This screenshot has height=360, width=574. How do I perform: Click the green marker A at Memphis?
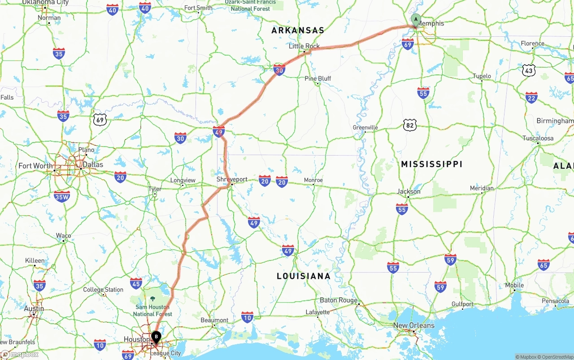416,20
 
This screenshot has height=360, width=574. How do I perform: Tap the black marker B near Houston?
156,336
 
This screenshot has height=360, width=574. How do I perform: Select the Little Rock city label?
304,46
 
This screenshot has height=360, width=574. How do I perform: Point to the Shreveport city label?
232,179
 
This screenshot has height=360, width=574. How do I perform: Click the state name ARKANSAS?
298,30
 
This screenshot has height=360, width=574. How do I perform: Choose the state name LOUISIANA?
304,276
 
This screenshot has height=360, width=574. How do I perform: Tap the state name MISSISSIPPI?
431,165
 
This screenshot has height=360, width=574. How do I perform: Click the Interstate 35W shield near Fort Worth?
61,196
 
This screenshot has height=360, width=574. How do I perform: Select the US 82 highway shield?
409,125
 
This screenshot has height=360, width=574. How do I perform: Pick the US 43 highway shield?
529,70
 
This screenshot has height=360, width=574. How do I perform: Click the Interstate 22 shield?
531,97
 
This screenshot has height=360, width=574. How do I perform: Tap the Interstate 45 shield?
136,283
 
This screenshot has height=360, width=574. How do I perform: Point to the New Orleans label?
413,325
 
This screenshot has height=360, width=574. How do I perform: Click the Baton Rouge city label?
339,300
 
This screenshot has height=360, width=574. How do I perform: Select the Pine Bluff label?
317,78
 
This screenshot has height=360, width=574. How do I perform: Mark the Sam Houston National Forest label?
152,310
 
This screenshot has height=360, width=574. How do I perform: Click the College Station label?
103,290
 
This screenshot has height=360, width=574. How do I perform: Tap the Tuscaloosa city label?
538,138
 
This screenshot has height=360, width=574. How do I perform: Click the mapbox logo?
20,354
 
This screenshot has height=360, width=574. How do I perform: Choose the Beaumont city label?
214,320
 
